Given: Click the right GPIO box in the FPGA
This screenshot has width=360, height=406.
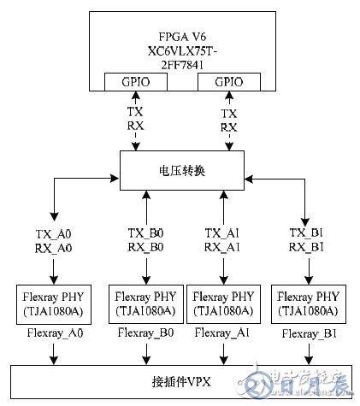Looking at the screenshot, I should pos(228,81).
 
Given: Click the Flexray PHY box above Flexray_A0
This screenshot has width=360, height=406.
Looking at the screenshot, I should pos(55,303).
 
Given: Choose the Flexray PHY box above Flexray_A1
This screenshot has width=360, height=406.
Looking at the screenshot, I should pos(224,303).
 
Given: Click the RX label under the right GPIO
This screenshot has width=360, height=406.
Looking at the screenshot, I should pos(228,127).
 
